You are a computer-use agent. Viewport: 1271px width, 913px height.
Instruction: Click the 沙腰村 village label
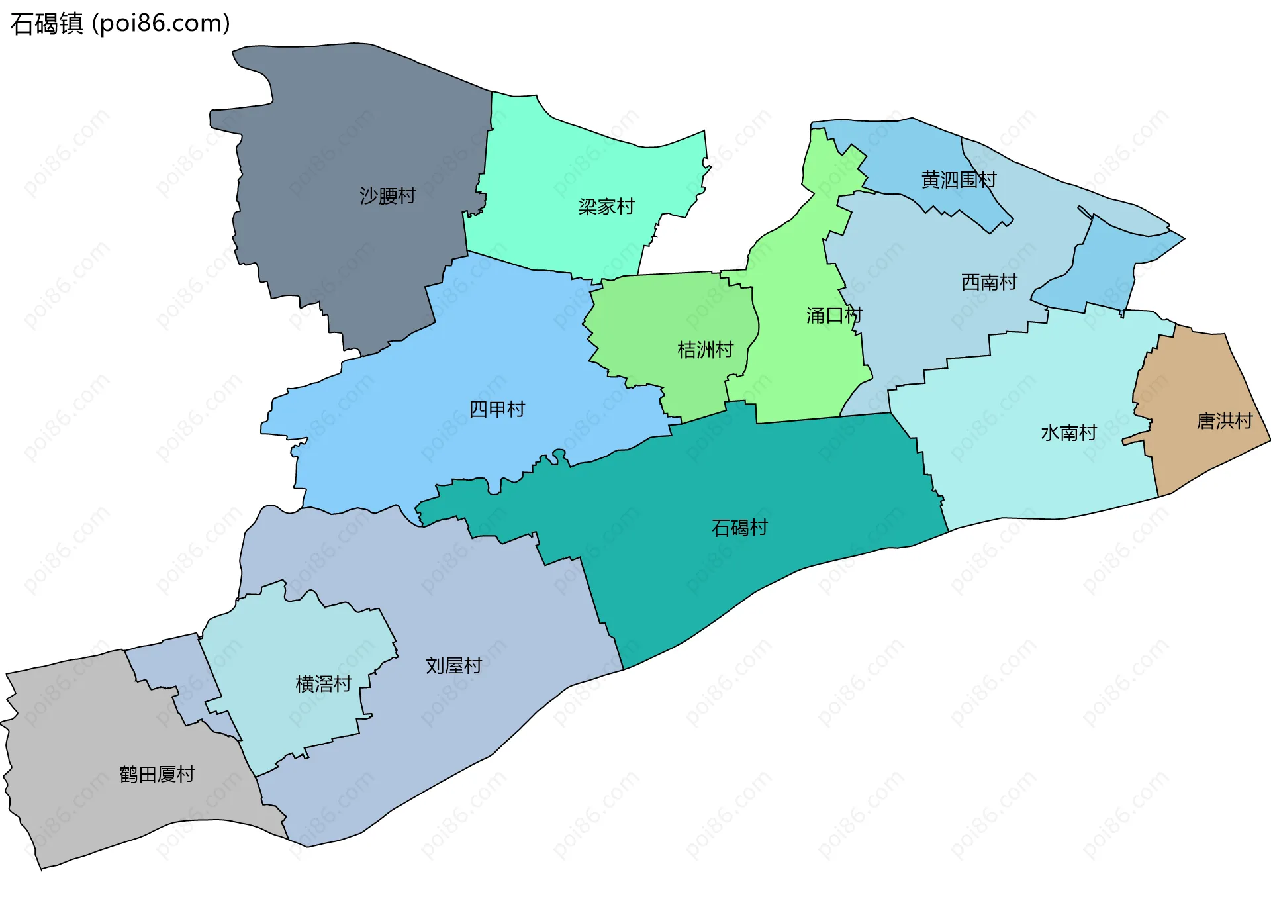pos(387,196)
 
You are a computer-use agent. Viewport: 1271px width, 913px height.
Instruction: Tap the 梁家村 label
pos(606,207)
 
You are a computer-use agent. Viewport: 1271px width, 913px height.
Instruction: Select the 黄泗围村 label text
pos(958,180)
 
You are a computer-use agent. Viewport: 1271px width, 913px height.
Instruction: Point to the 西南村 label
pos(988,283)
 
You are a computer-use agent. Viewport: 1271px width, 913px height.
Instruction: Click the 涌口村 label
pos(833,316)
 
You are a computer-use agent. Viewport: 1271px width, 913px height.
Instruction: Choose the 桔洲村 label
pos(705,350)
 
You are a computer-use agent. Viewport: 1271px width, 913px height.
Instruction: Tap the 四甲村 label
pos(496,410)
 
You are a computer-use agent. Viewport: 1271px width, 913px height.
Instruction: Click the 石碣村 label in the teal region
pos(739,528)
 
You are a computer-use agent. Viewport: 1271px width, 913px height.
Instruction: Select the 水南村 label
pos(1068,433)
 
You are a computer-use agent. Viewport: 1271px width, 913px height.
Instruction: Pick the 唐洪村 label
pos(1224,421)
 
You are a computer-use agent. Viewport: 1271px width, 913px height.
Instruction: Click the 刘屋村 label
pos(453,666)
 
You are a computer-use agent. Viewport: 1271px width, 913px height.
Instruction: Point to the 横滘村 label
pos(323,684)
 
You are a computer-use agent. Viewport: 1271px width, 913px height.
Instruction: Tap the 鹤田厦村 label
pos(157,775)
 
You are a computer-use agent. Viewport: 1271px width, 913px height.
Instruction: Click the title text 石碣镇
pos(46,24)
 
